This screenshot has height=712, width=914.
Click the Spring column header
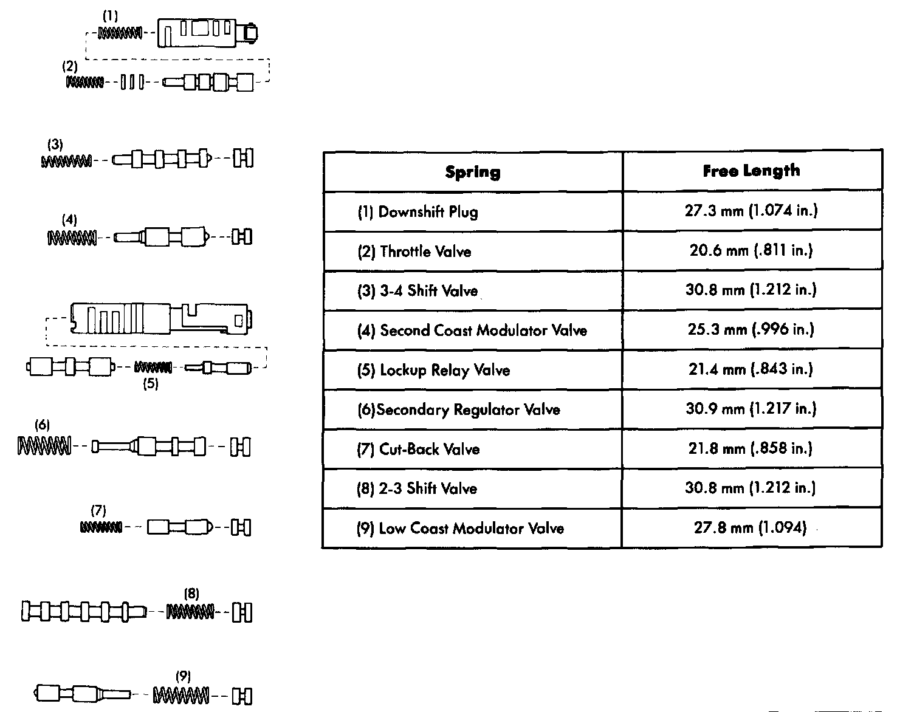473,172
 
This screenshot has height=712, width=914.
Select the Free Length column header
751,171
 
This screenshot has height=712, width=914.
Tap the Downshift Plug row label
417,212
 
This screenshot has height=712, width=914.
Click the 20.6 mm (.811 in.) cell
751,250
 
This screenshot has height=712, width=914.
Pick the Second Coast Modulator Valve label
472,330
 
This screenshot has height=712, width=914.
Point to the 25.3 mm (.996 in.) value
751,329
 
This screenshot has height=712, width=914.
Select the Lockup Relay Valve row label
433,370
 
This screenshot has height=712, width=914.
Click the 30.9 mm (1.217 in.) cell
751,408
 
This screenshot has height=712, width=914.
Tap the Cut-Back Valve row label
419,450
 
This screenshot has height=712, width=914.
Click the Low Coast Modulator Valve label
460,529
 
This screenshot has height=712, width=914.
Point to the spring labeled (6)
44,447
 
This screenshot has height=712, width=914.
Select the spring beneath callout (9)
182,694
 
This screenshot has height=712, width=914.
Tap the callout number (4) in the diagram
70,219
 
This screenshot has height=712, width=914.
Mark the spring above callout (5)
153,367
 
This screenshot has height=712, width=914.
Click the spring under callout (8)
191,612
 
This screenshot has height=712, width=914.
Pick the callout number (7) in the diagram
98,510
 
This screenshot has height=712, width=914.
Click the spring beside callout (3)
67,161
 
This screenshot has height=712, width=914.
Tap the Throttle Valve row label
414,252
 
